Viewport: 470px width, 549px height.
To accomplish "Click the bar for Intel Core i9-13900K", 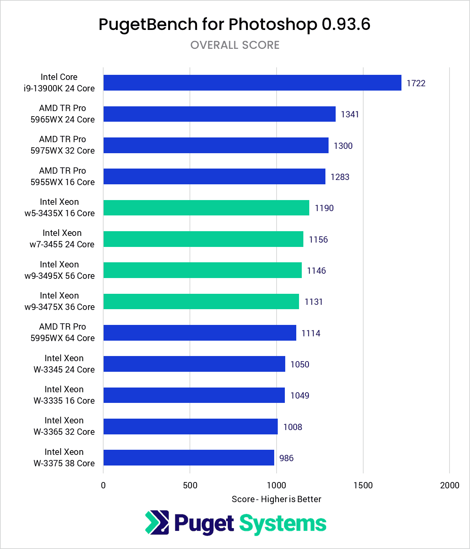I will pos(252,83).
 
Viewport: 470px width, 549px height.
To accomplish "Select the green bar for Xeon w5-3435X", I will pos(206,208).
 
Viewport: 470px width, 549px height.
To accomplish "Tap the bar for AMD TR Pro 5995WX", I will pos(200,333).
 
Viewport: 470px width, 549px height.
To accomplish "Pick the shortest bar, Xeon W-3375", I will pos(189,458).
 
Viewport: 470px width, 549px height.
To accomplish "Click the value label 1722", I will pos(416,83).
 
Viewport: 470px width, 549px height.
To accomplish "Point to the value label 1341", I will pos(350,114).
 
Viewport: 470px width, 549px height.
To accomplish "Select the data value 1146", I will pos(316,271).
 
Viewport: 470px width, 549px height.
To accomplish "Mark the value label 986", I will pos(286,458).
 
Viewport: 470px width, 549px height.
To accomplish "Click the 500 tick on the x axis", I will pos(190,485).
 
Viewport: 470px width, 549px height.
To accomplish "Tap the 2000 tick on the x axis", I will pos(450,485).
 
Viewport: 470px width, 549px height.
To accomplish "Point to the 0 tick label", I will pos(103,485).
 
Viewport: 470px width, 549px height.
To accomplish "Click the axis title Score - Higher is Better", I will pos(276,499).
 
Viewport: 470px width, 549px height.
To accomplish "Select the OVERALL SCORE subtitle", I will pos(235,45).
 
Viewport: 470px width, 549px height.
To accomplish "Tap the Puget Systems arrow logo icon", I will pos(157,523).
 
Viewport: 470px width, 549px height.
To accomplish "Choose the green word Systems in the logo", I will pos(283,524).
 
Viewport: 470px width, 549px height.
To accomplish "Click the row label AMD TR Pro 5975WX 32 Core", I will pos(63,145).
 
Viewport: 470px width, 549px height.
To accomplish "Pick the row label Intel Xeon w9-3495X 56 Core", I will pos(59,270).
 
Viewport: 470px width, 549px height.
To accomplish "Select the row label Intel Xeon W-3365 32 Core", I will pos(64,426).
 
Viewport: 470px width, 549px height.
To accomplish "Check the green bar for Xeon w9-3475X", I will pos(201,301).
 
